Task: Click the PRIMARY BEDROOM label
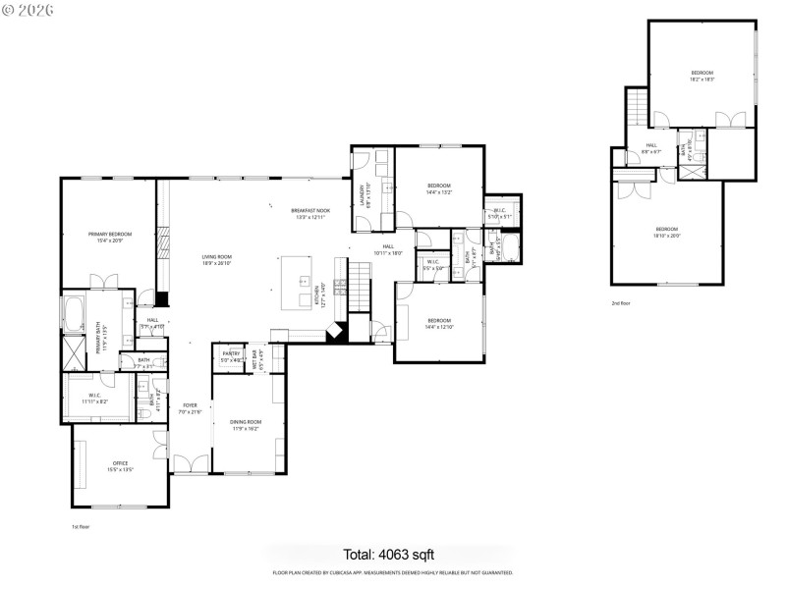tap(109, 234)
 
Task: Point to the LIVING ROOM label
tap(215, 256)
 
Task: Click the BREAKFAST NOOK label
tap(310, 211)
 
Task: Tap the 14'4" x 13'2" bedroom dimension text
tap(438, 192)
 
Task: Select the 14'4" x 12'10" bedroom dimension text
tap(438, 327)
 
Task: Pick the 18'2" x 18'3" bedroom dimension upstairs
tap(702, 80)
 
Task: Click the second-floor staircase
tap(637, 104)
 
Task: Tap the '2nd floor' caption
tap(621, 303)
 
